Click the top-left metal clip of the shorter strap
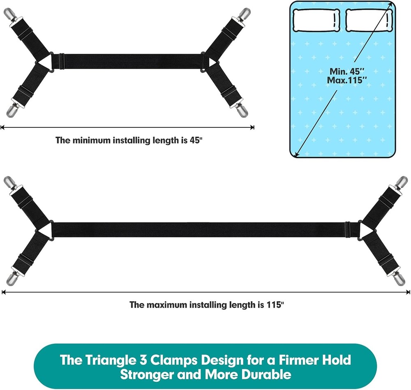[9, 15]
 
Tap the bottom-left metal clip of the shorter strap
[10, 110]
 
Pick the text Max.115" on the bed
[346, 79]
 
